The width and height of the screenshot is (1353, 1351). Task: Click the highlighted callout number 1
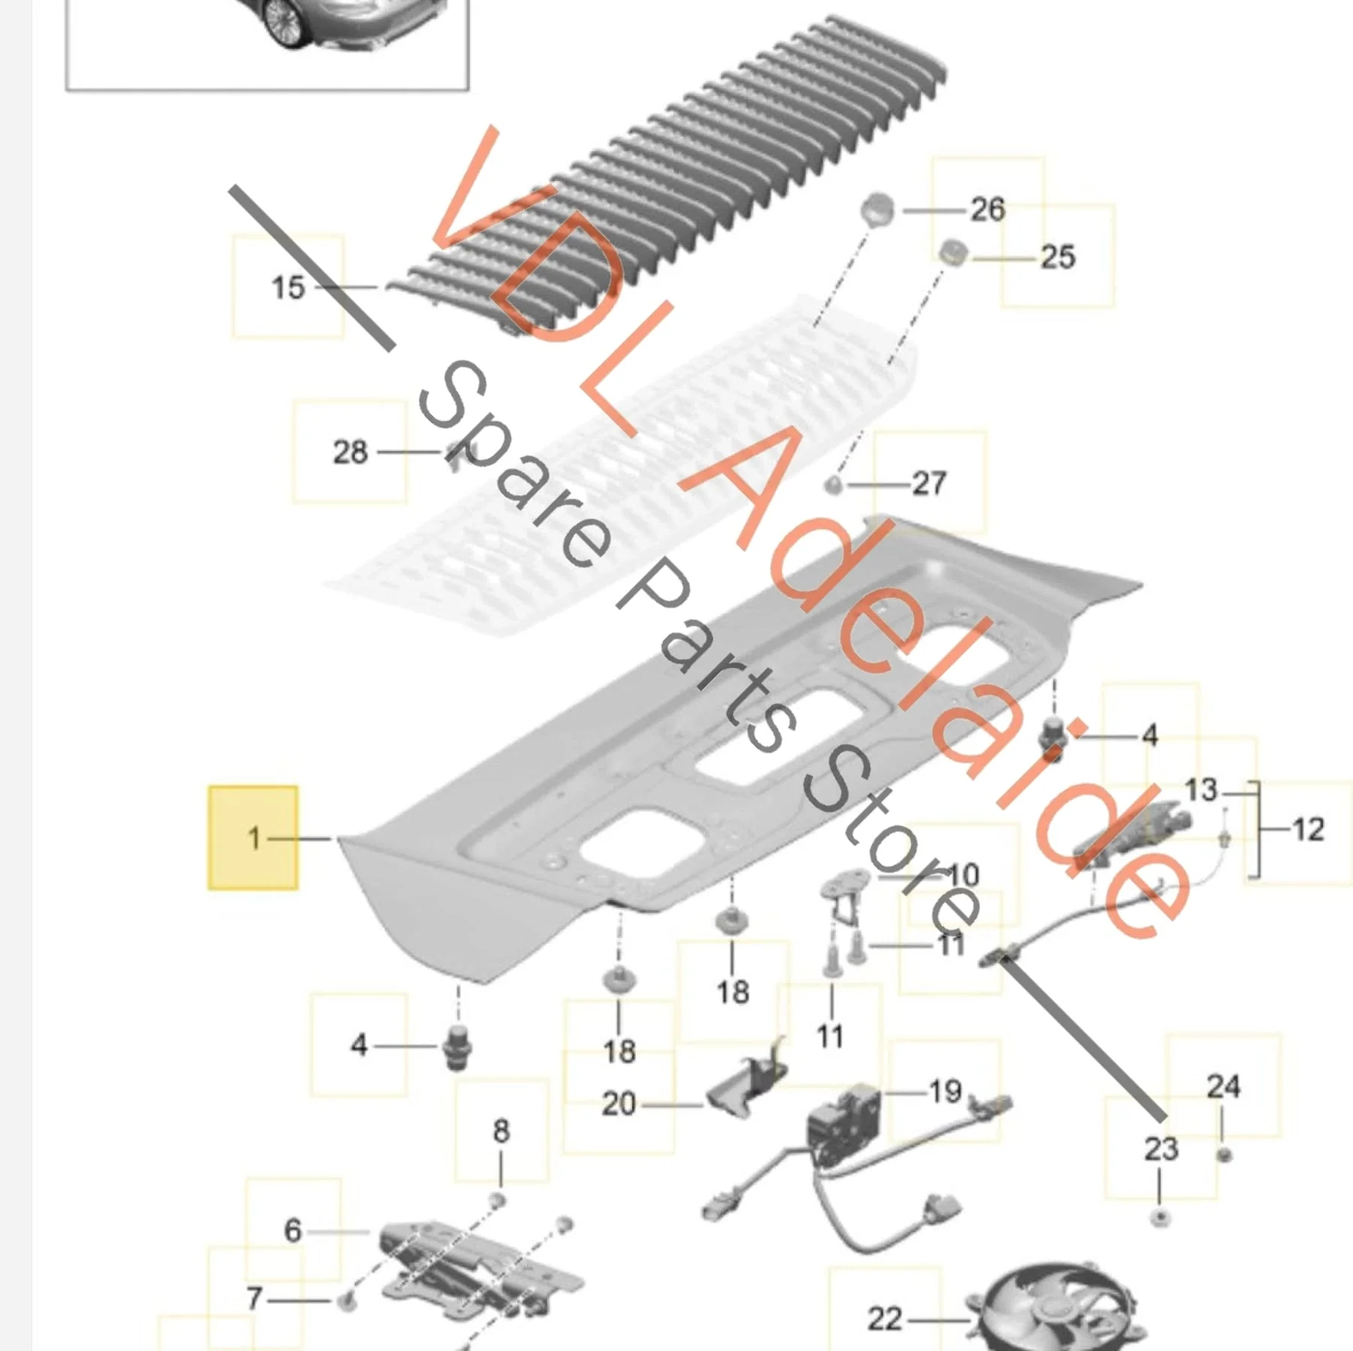[254, 838]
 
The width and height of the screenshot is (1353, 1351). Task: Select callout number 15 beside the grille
[288, 287]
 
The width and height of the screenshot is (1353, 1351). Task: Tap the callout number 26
[988, 210]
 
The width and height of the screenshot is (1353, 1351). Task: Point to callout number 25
[1058, 257]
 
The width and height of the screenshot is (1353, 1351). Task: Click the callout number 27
[929, 483]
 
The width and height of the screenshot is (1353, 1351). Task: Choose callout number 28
[350, 452]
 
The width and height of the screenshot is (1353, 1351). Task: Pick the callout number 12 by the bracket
[1308, 830]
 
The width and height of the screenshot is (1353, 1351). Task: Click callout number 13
[1200, 790]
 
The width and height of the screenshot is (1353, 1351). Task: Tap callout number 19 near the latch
[946, 1091]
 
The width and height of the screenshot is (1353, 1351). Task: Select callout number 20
[619, 1104]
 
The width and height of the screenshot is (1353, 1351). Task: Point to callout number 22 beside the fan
[885, 1319]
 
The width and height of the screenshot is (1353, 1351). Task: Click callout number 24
[1223, 1086]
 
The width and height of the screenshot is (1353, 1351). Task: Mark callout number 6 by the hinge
[293, 1230]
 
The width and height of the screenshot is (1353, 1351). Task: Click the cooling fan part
[1056, 1307]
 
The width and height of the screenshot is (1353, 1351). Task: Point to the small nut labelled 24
[1223, 1154]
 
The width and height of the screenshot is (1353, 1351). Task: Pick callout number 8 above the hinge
[501, 1130]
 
